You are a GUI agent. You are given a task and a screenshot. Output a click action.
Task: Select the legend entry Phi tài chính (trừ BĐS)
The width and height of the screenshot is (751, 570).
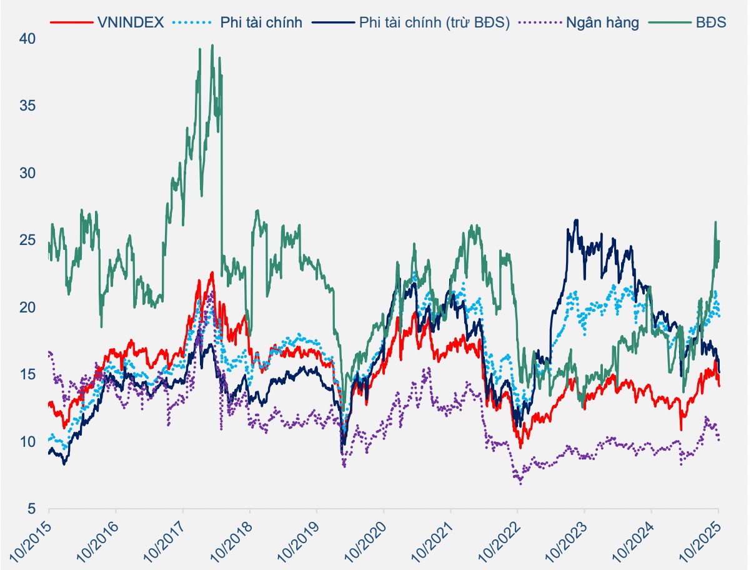click(x=435, y=23)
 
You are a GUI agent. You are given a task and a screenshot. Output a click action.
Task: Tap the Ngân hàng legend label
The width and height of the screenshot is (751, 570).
click(x=602, y=23)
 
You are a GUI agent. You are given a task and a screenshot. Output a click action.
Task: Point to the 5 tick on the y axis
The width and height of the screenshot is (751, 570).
click(x=31, y=509)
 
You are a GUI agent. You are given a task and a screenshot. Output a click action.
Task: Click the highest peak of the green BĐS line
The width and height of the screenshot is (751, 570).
click(x=212, y=45)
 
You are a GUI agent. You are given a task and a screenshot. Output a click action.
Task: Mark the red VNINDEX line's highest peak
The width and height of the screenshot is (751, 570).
click(x=212, y=272)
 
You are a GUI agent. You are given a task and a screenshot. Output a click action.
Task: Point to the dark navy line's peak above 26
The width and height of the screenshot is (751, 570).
click(x=576, y=219)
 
